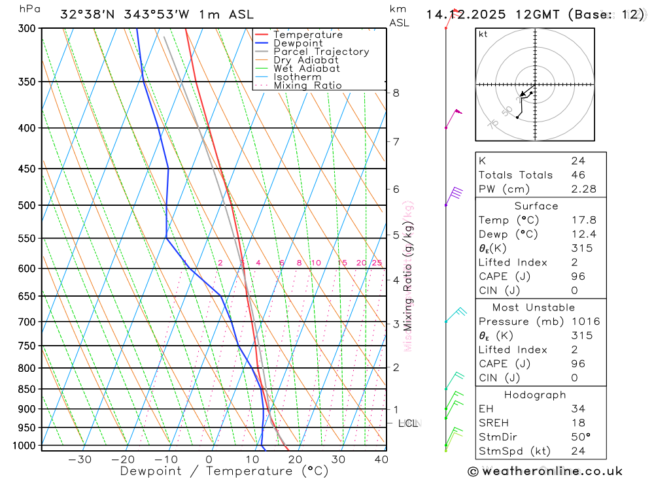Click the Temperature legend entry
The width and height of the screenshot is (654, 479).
pos(307,35)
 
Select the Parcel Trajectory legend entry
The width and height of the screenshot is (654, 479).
pos(321,52)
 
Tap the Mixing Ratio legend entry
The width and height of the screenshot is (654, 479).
pos(307,86)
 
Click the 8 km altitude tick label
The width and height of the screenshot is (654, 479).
pos(396,93)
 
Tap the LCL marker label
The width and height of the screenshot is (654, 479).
pos(409,423)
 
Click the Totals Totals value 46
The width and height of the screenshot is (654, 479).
pos(577,175)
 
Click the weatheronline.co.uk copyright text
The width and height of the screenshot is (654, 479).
pos(545,471)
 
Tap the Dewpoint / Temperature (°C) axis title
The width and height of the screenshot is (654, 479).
pos(224,471)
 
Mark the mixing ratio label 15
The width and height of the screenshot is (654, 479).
pos(342,263)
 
